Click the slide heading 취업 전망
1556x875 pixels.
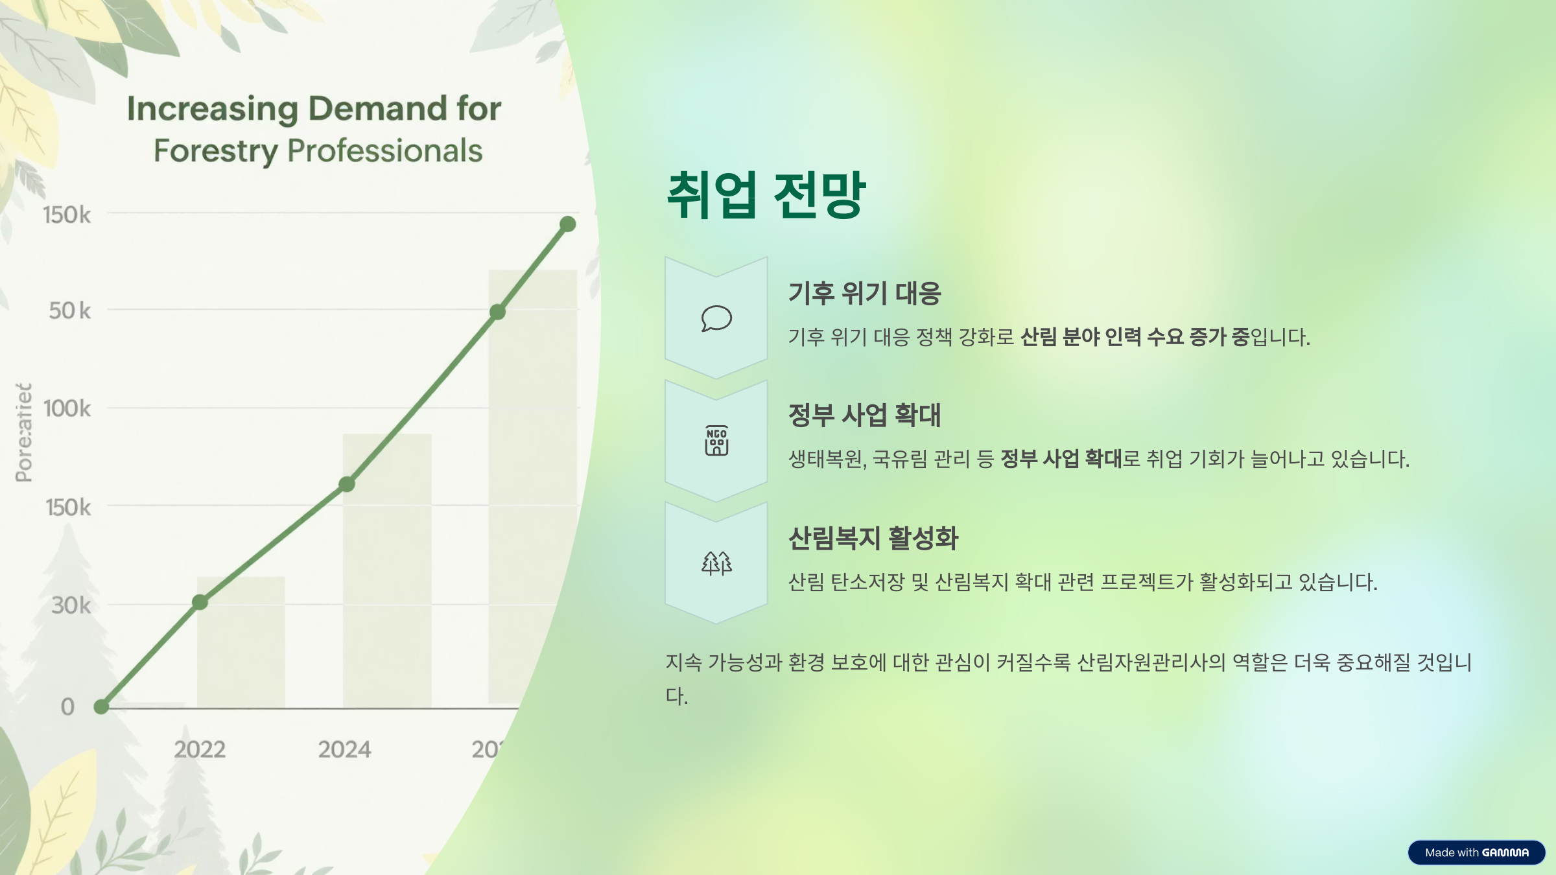click(766, 195)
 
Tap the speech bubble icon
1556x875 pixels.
click(716, 318)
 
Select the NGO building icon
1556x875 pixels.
click(716, 441)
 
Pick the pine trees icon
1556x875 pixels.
click(716, 563)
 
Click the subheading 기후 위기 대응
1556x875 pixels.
click(864, 294)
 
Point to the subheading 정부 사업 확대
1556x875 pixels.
click(864, 415)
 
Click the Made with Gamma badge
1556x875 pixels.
click(1476, 852)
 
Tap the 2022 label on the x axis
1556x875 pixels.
click(200, 750)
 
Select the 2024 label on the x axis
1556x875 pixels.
click(344, 750)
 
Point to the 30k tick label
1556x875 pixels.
click(71, 605)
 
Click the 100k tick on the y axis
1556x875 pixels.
click(67, 408)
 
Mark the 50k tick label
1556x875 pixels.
click(69, 310)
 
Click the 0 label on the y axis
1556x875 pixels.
click(67, 706)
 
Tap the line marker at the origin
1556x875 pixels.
click(102, 706)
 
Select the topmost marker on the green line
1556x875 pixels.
click(568, 224)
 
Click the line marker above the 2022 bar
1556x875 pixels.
click(200, 602)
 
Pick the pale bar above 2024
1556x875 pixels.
click(387, 583)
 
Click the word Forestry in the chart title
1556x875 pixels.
click(215, 151)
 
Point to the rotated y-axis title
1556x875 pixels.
click(24, 432)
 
